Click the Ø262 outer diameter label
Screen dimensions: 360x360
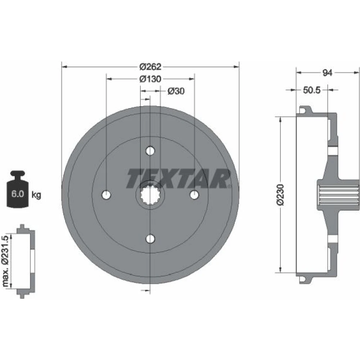coord(150,67)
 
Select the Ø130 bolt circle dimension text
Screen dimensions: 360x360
coord(150,79)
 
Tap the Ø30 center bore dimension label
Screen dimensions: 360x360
coord(176,91)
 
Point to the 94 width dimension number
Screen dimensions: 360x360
coord(327,73)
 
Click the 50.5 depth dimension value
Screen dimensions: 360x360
coord(311,90)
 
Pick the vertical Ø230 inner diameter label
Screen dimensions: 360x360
coord(280,195)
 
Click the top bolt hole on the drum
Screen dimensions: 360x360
coord(150,151)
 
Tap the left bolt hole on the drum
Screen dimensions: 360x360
coord(106,195)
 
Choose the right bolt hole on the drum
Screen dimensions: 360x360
coord(194,195)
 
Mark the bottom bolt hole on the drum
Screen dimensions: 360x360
coord(150,239)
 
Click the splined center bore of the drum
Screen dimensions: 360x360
coord(150,195)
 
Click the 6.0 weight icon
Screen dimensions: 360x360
coord(18,189)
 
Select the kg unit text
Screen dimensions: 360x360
coord(36,195)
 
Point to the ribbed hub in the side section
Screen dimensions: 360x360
coord(338,195)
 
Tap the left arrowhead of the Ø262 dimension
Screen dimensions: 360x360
coord(64,67)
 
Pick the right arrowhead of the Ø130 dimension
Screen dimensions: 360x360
coord(192,79)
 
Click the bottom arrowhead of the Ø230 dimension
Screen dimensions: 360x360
coord(280,270)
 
